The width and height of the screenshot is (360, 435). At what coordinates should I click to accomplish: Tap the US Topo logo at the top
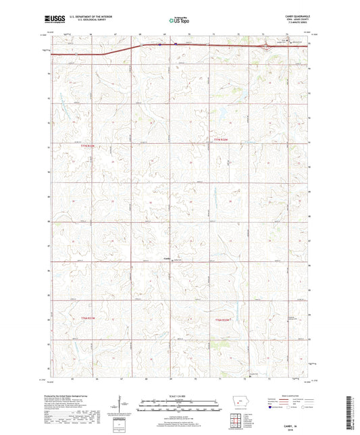coord(179,21)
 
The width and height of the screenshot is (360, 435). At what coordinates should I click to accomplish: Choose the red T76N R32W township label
coord(223,319)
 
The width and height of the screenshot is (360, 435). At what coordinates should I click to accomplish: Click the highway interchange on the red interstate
coord(266,47)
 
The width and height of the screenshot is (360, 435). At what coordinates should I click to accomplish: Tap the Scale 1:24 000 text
coord(179,395)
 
